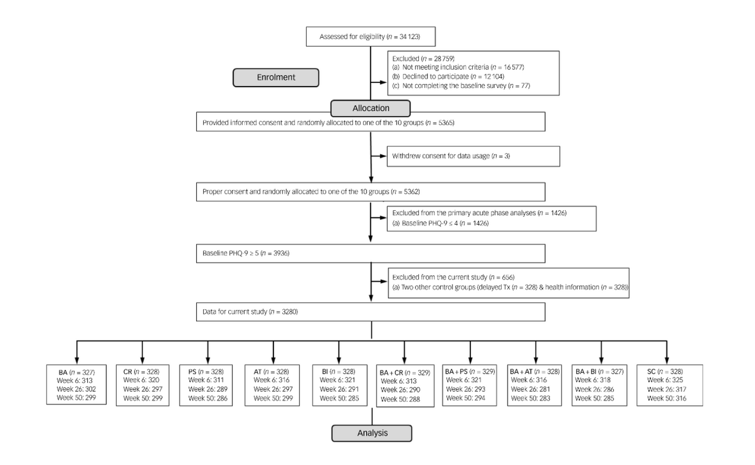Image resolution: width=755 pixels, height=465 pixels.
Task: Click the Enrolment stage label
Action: click(276, 78)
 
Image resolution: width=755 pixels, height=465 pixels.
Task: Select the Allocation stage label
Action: click(371, 108)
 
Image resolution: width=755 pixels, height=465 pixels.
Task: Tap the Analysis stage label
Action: click(372, 433)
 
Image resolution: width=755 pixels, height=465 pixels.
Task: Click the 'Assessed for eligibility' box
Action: click(371, 37)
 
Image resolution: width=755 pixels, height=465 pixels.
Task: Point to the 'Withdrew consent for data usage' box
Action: click(473, 156)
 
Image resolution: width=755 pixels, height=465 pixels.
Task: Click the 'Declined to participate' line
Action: click(448, 77)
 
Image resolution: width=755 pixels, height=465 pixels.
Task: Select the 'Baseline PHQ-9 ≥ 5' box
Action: click(371, 253)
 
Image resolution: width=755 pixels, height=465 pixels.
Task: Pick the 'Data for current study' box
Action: click(371, 312)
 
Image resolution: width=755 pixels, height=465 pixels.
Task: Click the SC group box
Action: click(670, 385)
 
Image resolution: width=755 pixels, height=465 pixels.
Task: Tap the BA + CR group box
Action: click(405, 386)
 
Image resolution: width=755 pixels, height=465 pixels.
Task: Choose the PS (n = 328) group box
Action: click(206, 385)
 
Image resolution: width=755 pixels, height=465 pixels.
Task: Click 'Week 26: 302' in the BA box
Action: click(76, 389)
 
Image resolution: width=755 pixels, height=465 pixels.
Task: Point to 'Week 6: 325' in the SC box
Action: click(665, 380)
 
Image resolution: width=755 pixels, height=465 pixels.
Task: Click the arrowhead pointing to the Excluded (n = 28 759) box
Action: click(383, 82)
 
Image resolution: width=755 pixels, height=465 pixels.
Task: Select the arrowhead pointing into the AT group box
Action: click(274, 360)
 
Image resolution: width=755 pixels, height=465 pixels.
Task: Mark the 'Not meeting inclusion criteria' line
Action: click(458, 67)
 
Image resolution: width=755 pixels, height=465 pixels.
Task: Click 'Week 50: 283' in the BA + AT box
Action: click(530, 398)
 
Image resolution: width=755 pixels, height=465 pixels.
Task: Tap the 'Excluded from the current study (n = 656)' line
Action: click(454, 277)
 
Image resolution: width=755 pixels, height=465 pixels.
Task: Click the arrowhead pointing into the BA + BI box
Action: click(601, 360)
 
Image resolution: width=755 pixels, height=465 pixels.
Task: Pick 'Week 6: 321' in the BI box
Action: click(337, 380)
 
